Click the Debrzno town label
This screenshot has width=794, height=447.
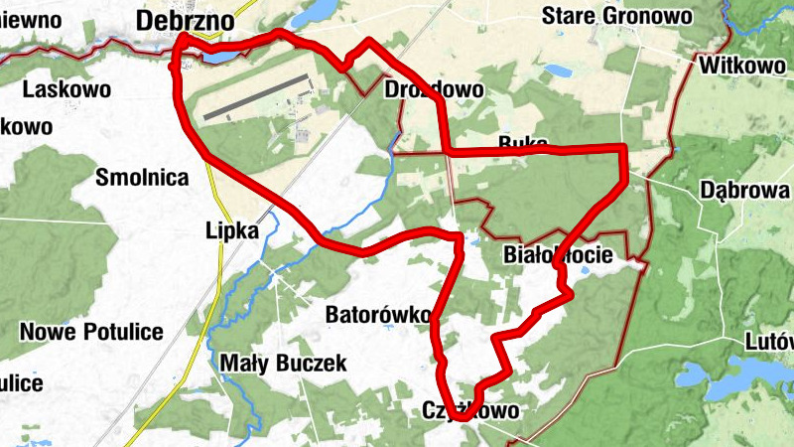point(186,20)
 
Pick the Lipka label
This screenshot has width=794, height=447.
point(234,230)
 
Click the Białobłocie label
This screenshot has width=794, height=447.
point(558,254)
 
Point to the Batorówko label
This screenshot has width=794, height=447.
point(378,315)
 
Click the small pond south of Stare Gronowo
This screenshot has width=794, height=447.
point(556,73)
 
